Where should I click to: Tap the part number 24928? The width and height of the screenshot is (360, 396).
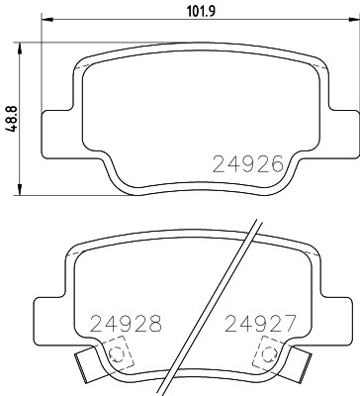point(125,322)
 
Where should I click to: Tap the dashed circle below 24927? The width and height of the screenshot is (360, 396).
point(267,353)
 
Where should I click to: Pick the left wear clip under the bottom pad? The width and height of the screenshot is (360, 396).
point(90,370)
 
